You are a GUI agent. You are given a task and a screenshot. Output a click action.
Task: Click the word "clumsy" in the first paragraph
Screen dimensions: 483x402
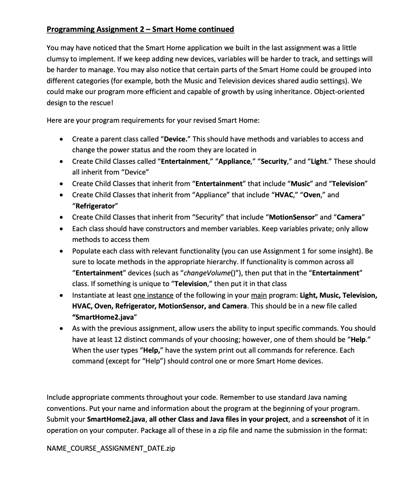pos(58,59)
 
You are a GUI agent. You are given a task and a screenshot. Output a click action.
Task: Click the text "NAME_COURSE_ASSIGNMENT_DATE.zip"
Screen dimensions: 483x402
pos(111,448)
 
